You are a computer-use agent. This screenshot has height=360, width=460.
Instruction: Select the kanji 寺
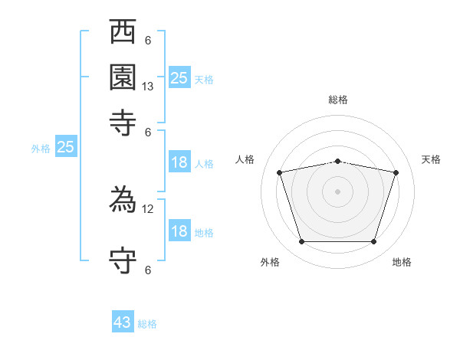point(123,123)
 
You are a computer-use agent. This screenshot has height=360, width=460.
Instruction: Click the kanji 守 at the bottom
point(123,260)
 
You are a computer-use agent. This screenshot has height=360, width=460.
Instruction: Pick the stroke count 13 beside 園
point(148,87)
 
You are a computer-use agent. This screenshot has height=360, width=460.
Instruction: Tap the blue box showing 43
point(123,322)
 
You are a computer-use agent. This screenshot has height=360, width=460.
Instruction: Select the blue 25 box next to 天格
point(179,77)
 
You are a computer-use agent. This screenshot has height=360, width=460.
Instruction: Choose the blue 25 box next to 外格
point(65,147)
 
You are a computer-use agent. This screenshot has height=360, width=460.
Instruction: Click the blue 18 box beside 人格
point(179,162)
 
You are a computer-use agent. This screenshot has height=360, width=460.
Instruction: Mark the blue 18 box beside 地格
point(179,231)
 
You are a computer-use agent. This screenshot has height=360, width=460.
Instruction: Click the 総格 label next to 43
point(147,324)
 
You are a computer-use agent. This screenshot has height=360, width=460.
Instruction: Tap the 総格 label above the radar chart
point(337,100)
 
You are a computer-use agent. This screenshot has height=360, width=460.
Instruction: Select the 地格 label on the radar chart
point(402,262)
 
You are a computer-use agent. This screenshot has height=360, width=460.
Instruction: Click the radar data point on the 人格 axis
point(280,173)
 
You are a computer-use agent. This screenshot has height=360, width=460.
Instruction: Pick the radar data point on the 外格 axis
point(301,242)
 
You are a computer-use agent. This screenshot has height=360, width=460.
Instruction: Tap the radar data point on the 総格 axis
point(337,161)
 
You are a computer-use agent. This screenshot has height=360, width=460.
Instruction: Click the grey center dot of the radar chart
point(337,191)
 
